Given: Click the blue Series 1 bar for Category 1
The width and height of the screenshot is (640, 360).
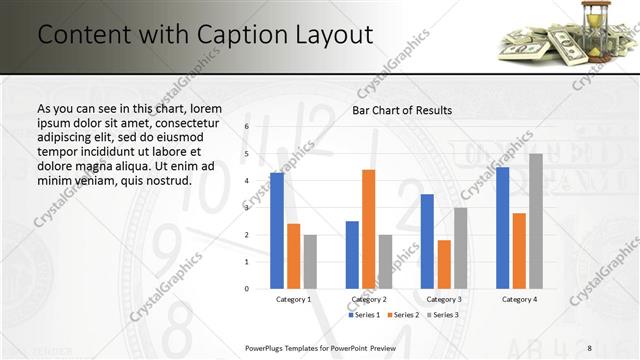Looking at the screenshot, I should click(x=277, y=231).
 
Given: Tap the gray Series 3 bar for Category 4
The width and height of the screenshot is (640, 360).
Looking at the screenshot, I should click(x=536, y=221).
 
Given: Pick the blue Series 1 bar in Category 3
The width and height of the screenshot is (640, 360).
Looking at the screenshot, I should click(x=427, y=241).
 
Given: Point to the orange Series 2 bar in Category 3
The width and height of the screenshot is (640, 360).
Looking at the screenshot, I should click(x=444, y=264).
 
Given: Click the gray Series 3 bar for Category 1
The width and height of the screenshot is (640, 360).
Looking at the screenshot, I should click(x=310, y=262).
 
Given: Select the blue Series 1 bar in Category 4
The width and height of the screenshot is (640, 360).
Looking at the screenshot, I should click(x=502, y=228).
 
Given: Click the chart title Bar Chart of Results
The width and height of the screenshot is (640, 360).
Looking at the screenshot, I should click(x=402, y=110).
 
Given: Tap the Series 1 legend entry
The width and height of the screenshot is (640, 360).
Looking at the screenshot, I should click(x=365, y=315).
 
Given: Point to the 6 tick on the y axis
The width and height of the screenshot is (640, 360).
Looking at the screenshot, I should click(x=246, y=127).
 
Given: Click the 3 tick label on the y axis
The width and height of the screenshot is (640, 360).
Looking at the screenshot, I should click(x=246, y=208).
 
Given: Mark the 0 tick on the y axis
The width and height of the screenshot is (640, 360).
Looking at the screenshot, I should click(x=246, y=289).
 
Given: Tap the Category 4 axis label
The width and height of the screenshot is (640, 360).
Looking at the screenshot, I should click(x=519, y=299).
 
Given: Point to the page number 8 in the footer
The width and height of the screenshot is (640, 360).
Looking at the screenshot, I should click(x=589, y=347).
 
